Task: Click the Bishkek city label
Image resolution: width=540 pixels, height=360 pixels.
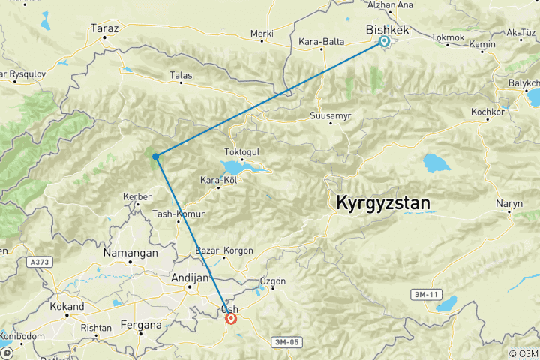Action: click(386, 29)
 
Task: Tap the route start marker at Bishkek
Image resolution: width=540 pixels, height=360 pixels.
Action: click(384, 42)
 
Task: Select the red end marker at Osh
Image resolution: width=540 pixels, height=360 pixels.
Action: click(231, 318)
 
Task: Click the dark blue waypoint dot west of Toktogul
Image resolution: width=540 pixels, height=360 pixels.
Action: click(155, 156)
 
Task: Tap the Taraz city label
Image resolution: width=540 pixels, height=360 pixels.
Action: click(105, 28)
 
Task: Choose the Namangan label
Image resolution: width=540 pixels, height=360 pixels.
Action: click(132, 253)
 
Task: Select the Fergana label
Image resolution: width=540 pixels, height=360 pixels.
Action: click(141, 325)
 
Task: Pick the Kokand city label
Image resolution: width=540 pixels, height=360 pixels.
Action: click(67, 307)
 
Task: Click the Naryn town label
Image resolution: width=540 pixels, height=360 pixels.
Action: click(508, 204)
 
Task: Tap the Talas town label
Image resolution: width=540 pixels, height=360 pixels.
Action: click(181, 75)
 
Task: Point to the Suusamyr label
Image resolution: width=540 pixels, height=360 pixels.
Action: click(331, 116)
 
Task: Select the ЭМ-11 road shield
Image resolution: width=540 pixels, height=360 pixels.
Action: click(426, 294)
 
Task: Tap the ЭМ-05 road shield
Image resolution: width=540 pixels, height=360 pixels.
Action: click(286, 342)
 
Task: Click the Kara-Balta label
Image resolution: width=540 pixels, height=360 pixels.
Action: click(321, 42)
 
